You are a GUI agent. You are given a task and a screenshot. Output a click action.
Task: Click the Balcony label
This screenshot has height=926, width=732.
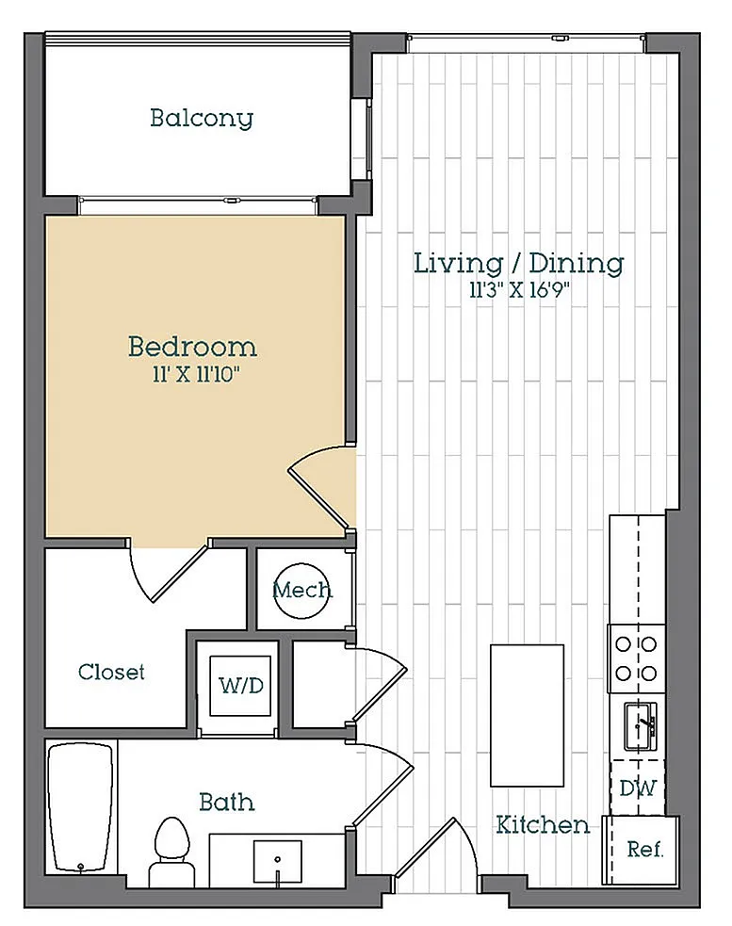point(202,119)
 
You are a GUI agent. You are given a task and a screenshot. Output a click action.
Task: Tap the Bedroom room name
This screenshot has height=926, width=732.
point(192,347)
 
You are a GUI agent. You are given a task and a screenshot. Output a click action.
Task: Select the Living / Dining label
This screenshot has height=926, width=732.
point(518,264)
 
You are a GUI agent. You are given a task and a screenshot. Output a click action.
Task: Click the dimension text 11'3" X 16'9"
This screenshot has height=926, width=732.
point(519,290)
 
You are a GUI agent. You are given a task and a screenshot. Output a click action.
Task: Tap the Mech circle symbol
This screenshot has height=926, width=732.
point(301,590)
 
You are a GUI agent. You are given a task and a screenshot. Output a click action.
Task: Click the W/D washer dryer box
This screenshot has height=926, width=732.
point(240,686)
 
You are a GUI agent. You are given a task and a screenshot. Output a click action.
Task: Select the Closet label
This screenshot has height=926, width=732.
point(111,672)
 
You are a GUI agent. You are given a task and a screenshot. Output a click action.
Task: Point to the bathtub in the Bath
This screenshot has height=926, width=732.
point(80,807)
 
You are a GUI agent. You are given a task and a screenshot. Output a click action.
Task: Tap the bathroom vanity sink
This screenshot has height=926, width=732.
point(278,861)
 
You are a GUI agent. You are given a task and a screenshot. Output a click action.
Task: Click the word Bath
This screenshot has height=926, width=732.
point(227,802)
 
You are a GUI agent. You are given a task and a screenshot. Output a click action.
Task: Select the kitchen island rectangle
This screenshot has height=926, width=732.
point(527,716)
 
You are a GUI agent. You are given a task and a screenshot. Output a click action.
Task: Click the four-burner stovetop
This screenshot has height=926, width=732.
point(636,658)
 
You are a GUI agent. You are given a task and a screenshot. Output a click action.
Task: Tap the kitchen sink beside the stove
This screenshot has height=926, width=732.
point(641,725)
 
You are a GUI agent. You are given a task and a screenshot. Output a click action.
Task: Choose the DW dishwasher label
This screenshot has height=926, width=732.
point(638,788)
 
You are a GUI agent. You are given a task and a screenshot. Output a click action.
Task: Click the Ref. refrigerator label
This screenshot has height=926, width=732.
point(644,850)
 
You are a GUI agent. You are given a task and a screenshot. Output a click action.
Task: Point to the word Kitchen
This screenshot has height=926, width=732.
point(543,825)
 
